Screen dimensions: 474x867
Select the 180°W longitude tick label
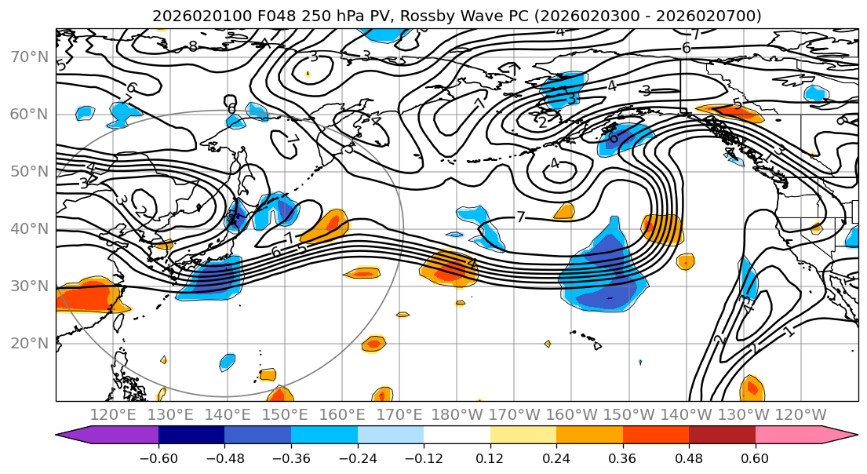[457, 414]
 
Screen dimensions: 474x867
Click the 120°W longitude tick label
[800, 414]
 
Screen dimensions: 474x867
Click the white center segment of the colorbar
[457, 436]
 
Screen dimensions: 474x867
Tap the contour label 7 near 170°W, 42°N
[520, 217]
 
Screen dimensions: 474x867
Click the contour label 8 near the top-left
[192, 46]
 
